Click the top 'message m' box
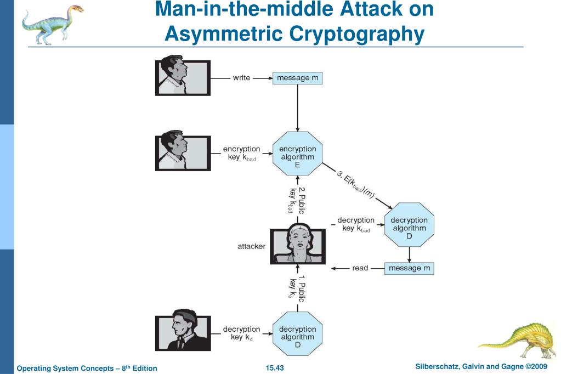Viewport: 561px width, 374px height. coord(297,78)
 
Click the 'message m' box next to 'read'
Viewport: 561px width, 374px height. coord(409,268)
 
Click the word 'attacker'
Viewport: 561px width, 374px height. coord(251,246)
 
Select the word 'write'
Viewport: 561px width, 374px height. coord(241,78)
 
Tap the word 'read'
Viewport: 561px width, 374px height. coord(360,268)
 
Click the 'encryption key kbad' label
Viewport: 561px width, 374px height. coord(241,154)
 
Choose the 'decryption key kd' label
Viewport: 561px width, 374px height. coord(241,333)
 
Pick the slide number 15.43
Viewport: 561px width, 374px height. coord(275,367)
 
